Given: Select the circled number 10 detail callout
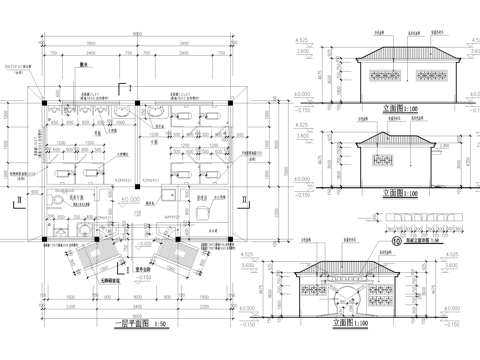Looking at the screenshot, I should click(369, 240).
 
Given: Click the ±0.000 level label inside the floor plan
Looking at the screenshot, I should click(129, 200).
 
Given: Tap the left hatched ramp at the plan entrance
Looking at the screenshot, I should click(97, 262).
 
